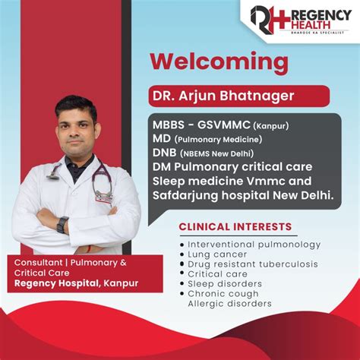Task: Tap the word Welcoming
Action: [219, 61]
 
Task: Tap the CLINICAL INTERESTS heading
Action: [235, 226]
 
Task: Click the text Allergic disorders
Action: [229, 304]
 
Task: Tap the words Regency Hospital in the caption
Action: [50, 285]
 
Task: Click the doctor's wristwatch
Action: [62, 224]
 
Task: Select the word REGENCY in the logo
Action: [314, 15]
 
